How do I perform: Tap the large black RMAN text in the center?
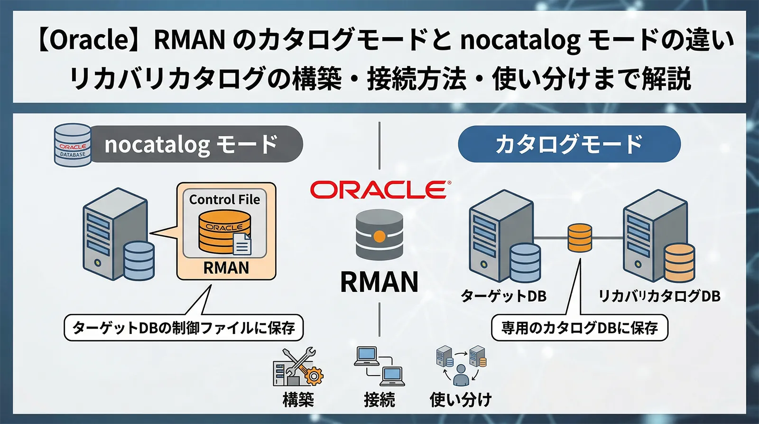click(x=379, y=282)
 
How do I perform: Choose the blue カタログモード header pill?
click(x=569, y=144)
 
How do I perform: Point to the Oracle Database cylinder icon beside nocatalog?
click(x=73, y=145)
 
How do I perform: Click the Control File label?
click(x=224, y=199)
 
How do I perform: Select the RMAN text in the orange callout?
click(x=226, y=268)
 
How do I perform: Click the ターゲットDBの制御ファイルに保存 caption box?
click(x=184, y=328)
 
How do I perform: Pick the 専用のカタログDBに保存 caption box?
click(x=579, y=328)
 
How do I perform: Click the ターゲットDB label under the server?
click(x=504, y=296)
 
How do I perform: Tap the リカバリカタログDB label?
click(x=659, y=296)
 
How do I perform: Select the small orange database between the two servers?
click(x=580, y=237)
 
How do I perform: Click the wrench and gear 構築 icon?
click(x=298, y=367)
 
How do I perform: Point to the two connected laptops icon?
click(x=379, y=366)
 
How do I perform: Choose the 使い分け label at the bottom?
click(x=461, y=399)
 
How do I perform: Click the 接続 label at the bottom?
click(x=379, y=399)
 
